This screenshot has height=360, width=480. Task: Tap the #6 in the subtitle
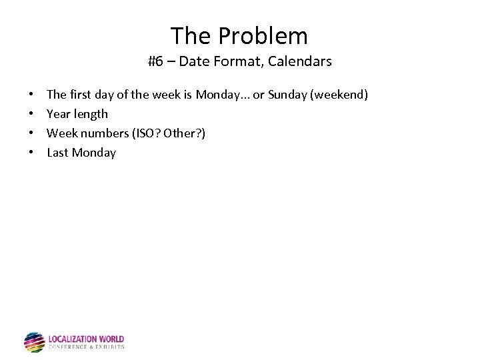156,62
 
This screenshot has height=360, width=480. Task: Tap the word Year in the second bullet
58,114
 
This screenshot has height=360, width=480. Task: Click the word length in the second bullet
91,114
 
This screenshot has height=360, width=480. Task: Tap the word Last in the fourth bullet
57,153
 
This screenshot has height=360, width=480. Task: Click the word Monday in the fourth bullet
94,153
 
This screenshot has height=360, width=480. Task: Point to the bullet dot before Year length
32,114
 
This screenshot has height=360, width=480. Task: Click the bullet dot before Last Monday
32,153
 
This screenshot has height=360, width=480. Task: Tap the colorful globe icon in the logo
34,343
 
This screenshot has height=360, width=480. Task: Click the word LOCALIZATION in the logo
73,339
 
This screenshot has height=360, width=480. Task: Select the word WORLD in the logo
111,339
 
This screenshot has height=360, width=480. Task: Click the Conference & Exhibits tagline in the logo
86,347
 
